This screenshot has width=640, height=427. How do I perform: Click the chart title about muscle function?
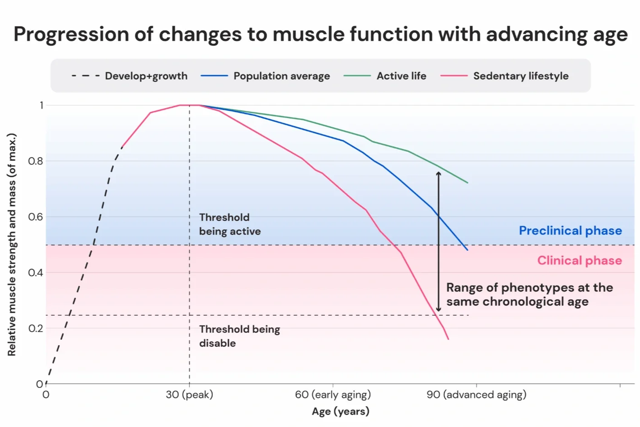(x=320, y=34)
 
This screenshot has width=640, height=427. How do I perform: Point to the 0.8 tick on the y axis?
(x=35, y=161)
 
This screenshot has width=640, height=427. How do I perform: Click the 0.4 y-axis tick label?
(x=35, y=273)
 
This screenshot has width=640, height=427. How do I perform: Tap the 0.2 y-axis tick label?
(x=35, y=328)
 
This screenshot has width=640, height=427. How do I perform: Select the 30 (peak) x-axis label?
(x=189, y=395)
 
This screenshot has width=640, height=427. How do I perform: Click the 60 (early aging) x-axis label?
(x=333, y=395)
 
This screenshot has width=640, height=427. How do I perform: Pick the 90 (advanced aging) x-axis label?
(x=476, y=395)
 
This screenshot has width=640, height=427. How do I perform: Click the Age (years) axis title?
(x=340, y=412)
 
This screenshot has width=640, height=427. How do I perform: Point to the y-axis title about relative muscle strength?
(x=12, y=244)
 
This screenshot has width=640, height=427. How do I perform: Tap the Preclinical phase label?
(x=570, y=231)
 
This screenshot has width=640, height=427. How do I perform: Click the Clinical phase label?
(x=579, y=260)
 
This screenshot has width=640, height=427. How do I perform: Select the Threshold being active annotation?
(x=230, y=224)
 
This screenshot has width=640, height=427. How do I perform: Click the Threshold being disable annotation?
(x=239, y=336)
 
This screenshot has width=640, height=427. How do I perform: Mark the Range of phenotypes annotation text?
(x=529, y=294)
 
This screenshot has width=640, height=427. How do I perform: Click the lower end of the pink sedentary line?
(x=448, y=338)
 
